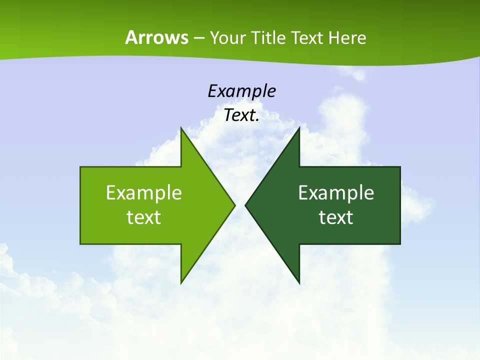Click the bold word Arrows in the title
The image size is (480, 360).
point(156,37)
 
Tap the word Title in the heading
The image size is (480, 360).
point(268,37)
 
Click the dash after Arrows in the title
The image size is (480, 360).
point(199,38)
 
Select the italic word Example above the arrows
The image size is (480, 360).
point(241,91)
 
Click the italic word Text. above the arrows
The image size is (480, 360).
point(241,115)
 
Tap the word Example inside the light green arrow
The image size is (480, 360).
point(144,192)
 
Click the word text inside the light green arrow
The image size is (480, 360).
point(144,217)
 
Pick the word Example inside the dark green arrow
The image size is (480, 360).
point(336,192)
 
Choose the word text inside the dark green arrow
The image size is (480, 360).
point(336,217)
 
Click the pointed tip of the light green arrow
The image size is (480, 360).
point(234,205)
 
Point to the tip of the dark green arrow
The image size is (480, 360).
point(245,205)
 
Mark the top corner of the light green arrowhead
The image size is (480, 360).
point(181,128)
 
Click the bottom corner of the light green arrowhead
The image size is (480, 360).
point(181,283)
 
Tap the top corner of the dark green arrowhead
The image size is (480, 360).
point(299,128)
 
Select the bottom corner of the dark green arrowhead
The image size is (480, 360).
point(299,283)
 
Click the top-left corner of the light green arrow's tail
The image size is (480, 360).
point(80,167)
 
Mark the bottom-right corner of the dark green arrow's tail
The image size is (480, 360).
point(400,244)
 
